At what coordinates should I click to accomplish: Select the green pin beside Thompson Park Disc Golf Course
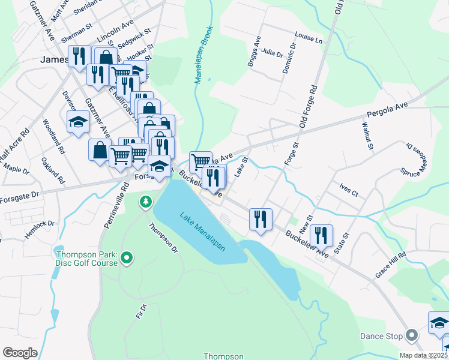point(126,259)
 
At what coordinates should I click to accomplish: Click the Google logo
point(20,352)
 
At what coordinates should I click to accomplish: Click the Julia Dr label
point(272,53)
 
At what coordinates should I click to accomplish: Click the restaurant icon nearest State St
point(322,236)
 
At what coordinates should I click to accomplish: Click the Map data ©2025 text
point(423,355)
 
